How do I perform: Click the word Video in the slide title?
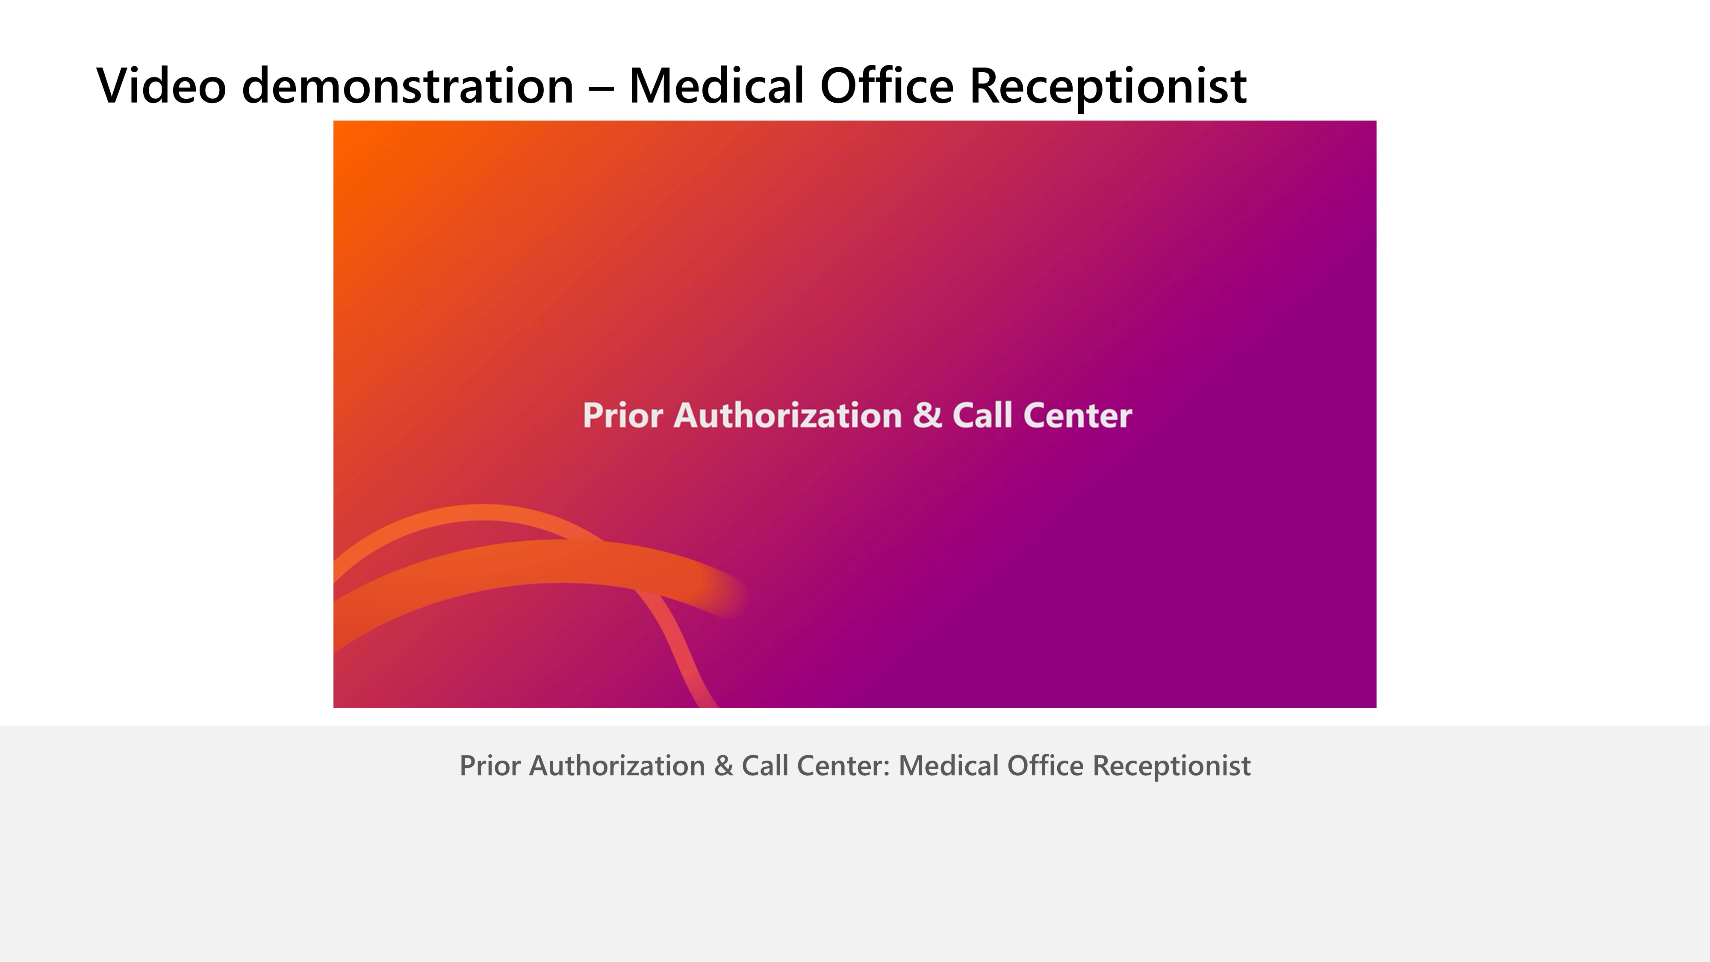tap(161, 85)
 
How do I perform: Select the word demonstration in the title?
tap(407, 85)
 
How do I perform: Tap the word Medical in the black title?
tap(716, 85)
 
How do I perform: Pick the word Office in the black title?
tap(887, 85)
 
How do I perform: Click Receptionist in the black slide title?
tap(1108, 89)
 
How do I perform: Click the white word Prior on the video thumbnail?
tap(623, 416)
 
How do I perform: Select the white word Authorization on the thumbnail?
tap(788, 416)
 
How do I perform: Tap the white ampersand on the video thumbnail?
tap(927, 416)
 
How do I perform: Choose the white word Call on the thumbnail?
tap(982, 416)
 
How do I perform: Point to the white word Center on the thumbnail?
tap(1077, 416)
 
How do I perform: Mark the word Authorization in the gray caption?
tap(617, 765)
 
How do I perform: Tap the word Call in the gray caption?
tap(765, 765)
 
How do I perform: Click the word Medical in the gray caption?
tap(949, 765)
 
